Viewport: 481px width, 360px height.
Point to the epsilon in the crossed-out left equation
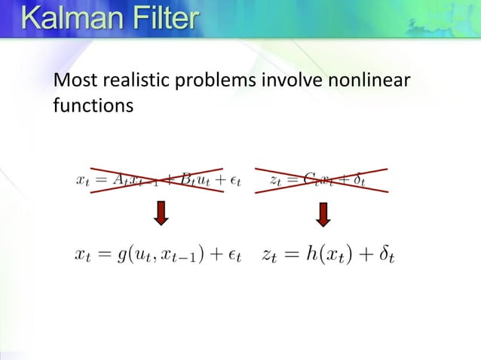click(234, 182)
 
